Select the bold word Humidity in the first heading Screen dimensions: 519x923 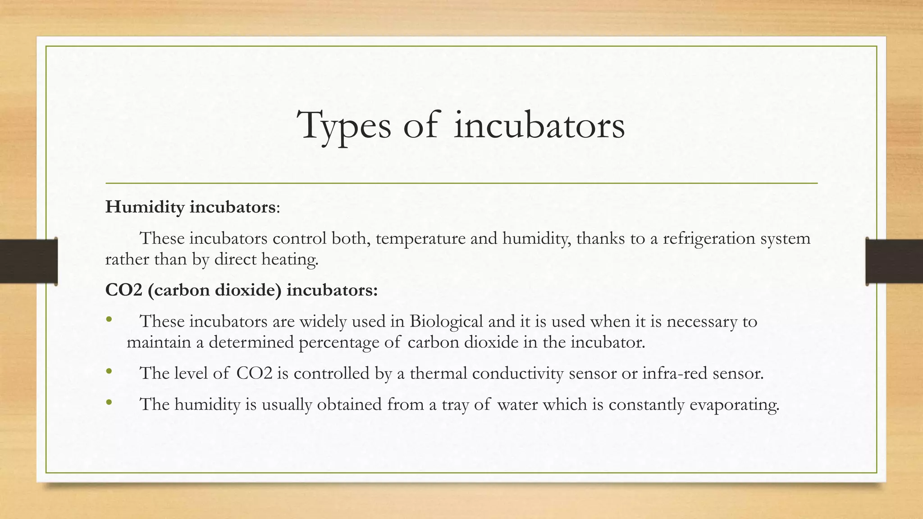tap(145, 207)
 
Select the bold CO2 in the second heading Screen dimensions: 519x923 tap(123, 290)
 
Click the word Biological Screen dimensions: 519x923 tap(446, 321)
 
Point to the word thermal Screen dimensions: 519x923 tap(438, 373)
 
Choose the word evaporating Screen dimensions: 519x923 tap(734, 405)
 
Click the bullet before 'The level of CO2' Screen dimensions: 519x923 tap(109, 373)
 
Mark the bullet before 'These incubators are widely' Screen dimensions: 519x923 tap(109, 320)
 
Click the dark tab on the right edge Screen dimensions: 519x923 tap(894, 261)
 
